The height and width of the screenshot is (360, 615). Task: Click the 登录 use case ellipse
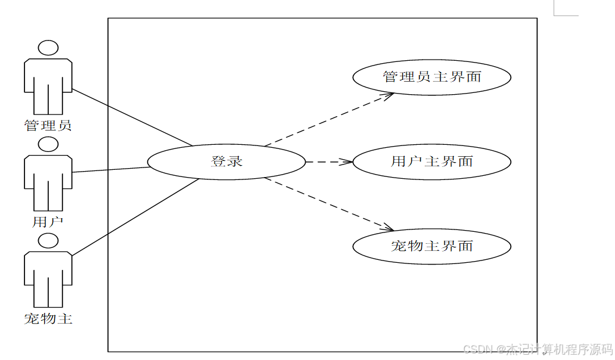click(226, 162)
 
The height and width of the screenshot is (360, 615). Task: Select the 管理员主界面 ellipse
click(431, 77)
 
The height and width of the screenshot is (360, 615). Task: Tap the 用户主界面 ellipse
click(431, 162)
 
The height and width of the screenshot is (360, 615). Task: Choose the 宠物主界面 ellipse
click(431, 246)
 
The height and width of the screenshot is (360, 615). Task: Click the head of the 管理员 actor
click(48, 48)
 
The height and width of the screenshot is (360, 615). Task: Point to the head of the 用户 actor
click(48, 144)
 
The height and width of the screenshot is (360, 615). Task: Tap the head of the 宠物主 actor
click(48, 241)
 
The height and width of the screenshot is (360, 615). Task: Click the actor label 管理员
click(48, 126)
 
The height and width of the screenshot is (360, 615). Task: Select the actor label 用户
click(48, 222)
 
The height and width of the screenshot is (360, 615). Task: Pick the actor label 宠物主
click(48, 319)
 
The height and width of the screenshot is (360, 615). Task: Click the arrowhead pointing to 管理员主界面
click(389, 95)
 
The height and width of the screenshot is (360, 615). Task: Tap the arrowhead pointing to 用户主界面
click(348, 162)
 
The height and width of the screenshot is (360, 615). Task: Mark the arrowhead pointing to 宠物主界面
click(389, 228)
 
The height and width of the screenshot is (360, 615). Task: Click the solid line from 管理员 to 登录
click(131, 117)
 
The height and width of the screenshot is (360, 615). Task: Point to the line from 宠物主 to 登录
click(134, 217)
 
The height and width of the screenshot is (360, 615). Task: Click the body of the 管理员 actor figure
click(48, 83)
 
